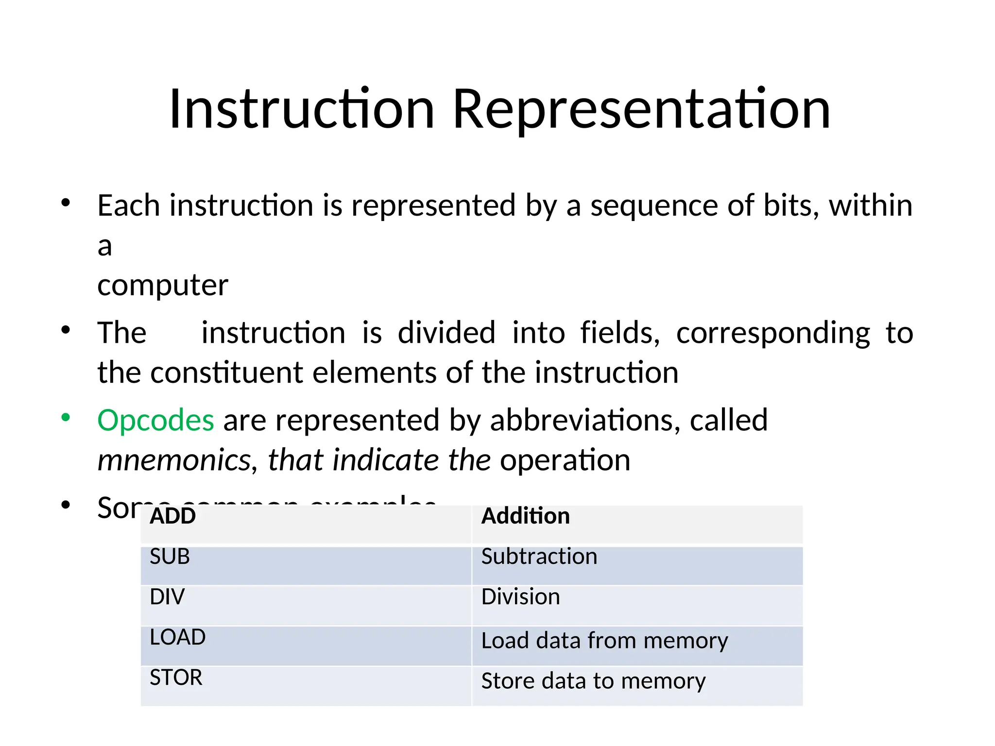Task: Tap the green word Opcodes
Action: [155, 420]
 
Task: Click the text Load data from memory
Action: [604, 641]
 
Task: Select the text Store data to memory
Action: [593, 681]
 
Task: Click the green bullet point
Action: [66, 417]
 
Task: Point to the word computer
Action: [162, 285]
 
